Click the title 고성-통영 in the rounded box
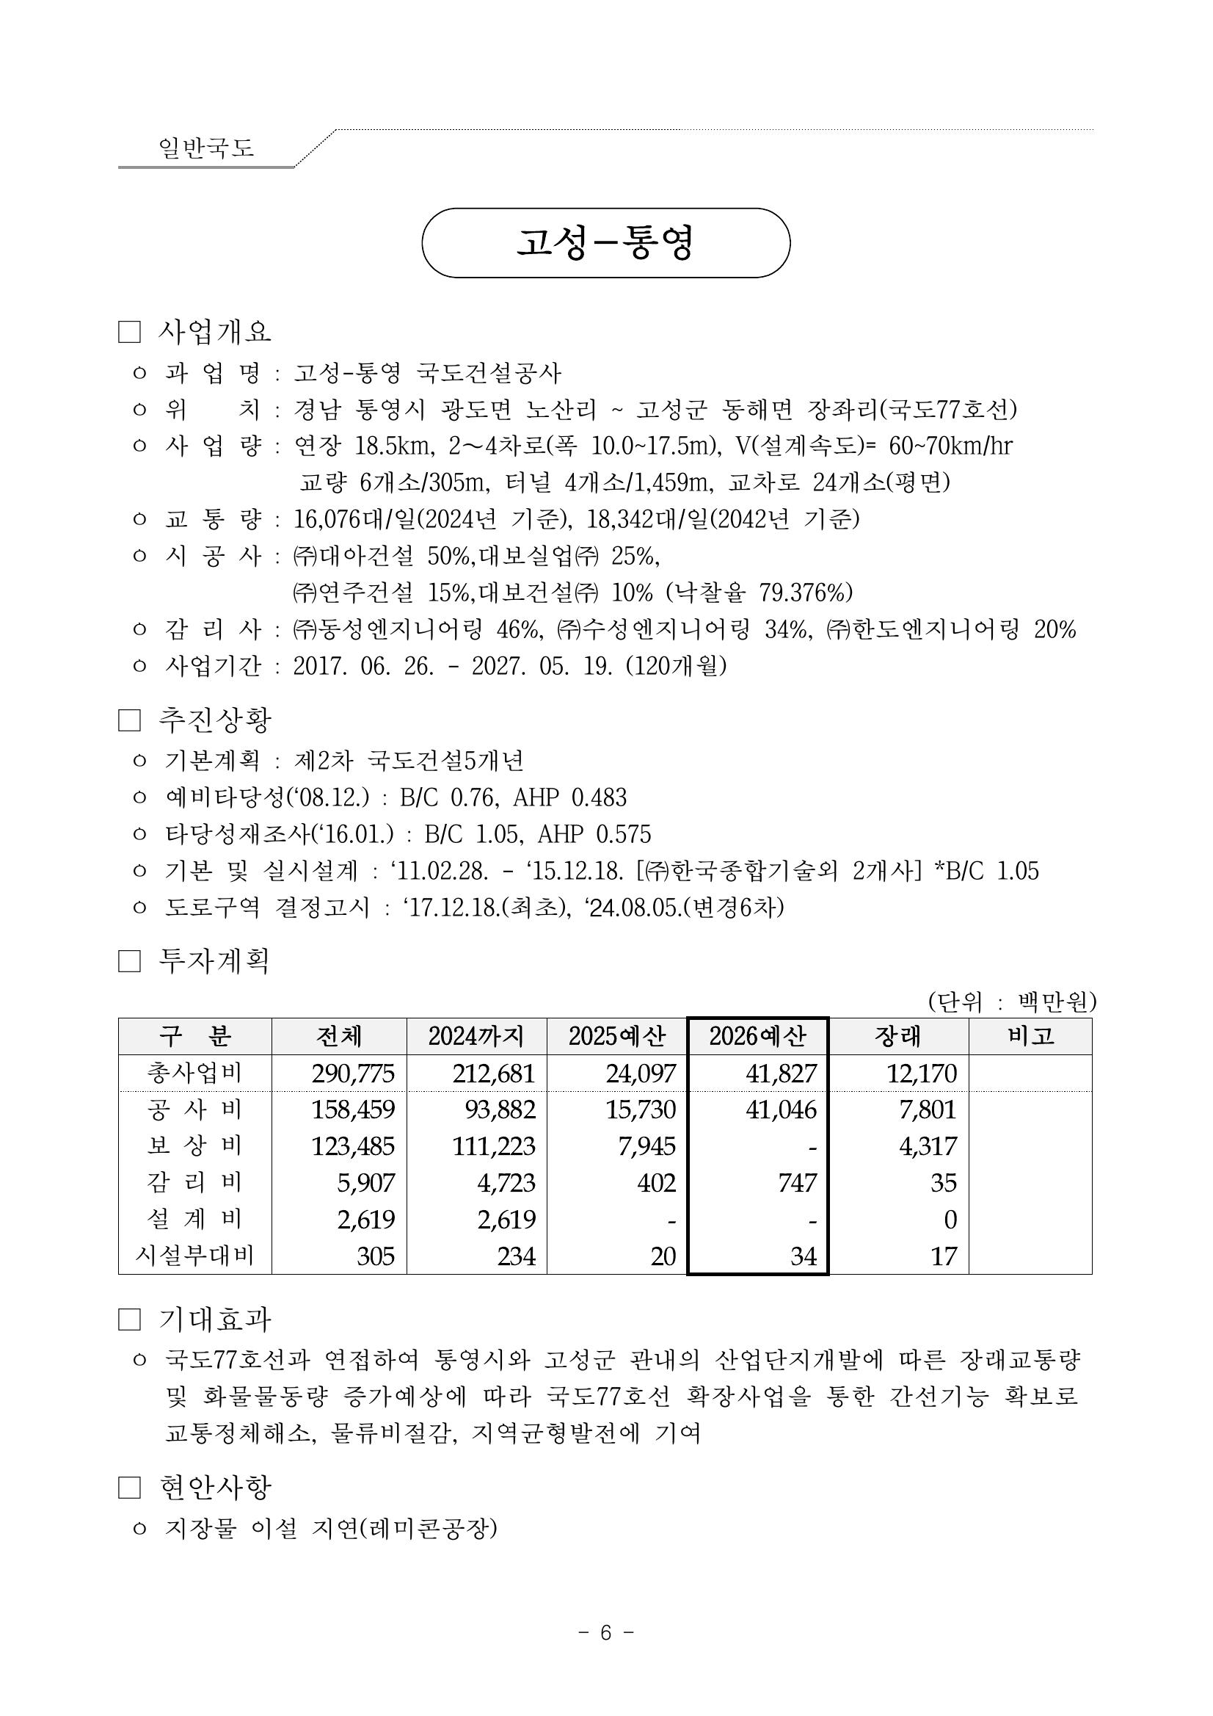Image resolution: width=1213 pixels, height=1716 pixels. (x=605, y=243)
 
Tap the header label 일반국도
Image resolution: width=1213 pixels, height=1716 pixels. (x=206, y=148)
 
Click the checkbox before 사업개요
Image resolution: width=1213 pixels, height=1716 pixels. (x=129, y=333)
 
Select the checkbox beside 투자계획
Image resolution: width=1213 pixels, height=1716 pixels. (x=129, y=961)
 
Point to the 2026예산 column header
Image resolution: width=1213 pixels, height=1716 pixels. (x=757, y=1036)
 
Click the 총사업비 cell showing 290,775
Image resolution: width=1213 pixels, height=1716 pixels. (x=353, y=1074)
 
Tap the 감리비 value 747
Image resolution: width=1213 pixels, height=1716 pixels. (x=798, y=1182)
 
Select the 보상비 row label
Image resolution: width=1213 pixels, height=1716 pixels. (x=194, y=1145)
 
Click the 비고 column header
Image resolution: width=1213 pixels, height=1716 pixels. (x=1030, y=1036)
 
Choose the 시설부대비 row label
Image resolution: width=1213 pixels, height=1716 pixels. (x=194, y=1256)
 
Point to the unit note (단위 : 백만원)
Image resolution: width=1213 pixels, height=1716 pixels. (x=1011, y=1002)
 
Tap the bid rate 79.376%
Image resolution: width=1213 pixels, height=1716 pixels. (x=805, y=593)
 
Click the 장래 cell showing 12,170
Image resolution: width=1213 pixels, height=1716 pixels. (x=921, y=1074)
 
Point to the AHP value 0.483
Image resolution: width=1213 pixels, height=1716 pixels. (x=598, y=797)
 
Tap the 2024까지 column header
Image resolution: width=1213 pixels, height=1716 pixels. (x=476, y=1036)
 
